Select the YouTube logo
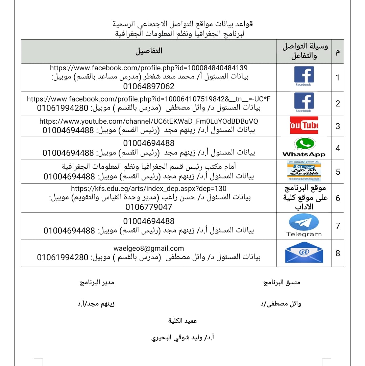(304, 125)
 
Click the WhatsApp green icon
(304, 144)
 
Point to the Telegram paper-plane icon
(304, 223)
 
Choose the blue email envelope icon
(304, 253)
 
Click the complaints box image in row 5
(304, 171)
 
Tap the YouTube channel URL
(149, 121)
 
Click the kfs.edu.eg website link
(149, 189)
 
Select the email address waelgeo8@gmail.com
(149, 248)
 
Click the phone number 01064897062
(149, 86)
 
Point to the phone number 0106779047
(149, 207)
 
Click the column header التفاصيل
(149, 51)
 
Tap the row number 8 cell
(338, 253)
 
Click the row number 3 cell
(338, 126)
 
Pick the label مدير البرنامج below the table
(97, 283)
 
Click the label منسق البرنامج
(282, 283)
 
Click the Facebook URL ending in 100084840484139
(149, 68)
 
